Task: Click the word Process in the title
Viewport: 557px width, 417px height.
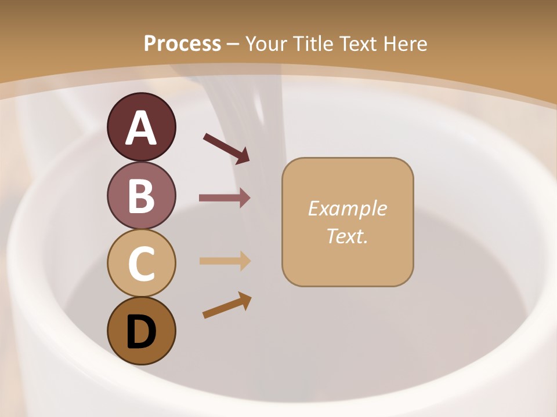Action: click(x=182, y=43)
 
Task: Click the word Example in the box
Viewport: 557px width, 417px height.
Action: click(x=347, y=209)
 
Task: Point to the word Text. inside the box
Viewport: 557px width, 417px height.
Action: click(x=347, y=236)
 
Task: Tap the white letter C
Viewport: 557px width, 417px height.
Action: click(x=141, y=264)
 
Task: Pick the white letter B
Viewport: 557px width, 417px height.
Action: click(x=141, y=196)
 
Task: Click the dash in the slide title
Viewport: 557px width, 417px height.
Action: click(x=233, y=44)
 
